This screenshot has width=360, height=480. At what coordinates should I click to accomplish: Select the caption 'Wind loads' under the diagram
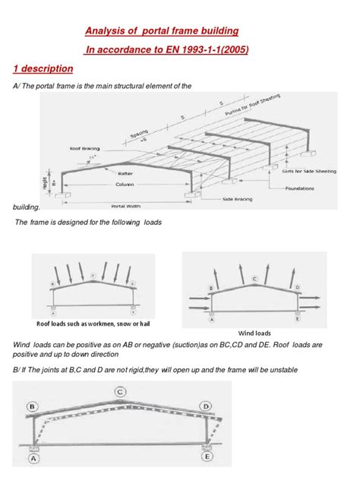254,333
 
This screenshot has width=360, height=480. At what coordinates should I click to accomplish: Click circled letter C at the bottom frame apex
121,392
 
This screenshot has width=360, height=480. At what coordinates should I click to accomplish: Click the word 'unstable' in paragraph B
279,369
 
